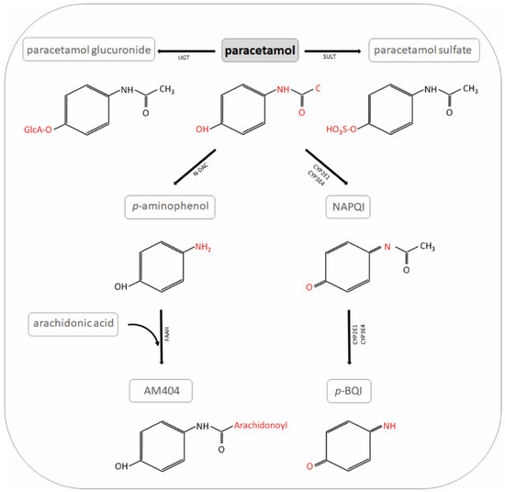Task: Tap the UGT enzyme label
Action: click(185, 56)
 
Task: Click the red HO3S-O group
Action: click(356, 131)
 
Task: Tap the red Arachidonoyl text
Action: click(234, 424)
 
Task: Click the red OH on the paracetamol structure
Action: click(203, 131)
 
